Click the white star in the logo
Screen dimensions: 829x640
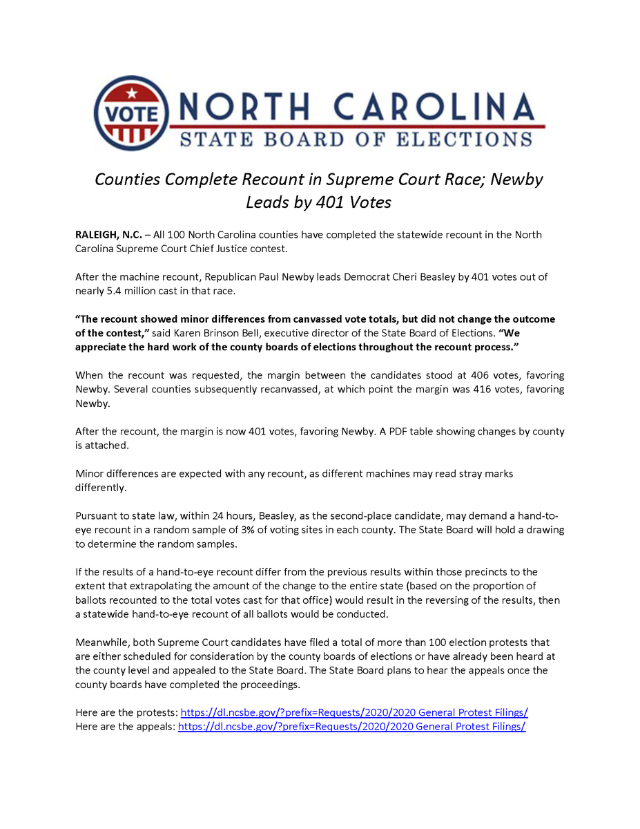132,93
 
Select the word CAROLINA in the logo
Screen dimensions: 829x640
434,108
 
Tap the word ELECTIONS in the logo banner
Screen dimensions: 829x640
463,139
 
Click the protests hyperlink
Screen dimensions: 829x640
354,712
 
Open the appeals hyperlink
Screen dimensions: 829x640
351,726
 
